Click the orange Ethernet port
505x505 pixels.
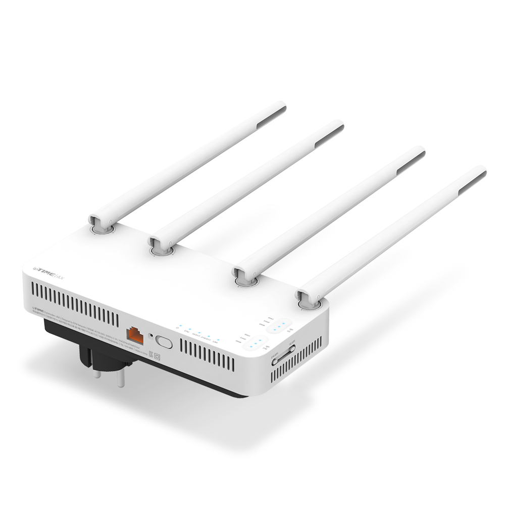tap(135, 334)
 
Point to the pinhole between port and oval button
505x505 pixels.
tap(150, 335)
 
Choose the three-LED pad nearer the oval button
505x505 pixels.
tap(254, 344)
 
